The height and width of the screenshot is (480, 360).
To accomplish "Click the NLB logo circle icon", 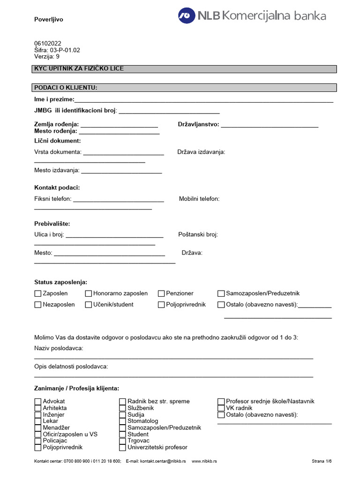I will [x=187, y=15].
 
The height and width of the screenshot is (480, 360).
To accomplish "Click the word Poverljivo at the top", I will [x=48, y=20].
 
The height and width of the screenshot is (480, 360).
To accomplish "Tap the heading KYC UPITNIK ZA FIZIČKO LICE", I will [x=79, y=69].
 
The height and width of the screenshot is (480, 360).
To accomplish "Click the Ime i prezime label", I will [x=54, y=99].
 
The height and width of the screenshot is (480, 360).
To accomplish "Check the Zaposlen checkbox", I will [x=38, y=294].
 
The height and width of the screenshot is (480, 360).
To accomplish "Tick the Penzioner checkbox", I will [x=161, y=294].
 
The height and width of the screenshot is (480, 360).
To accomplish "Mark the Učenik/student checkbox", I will [x=89, y=305].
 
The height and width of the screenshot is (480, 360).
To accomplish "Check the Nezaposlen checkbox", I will [x=38, y=305].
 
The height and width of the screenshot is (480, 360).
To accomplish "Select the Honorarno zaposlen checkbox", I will [x=89, y=294].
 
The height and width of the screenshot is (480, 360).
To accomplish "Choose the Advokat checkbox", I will [x=38, y=402].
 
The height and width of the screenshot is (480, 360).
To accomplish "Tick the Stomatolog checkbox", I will [x=123, y=421].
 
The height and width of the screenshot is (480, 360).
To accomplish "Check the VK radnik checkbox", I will [x=221, y=408].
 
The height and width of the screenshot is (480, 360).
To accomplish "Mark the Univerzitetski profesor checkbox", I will [x=123, y=448].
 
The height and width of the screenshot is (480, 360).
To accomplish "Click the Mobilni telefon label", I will [x=199, y=199].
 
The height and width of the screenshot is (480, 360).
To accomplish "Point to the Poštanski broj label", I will [x=198, y=234].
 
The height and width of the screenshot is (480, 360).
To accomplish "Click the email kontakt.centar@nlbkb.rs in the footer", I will [x=156, y=461].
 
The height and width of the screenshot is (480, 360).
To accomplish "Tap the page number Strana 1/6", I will [x=322, y=461].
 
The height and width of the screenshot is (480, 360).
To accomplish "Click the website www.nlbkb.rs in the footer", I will [x=204, y=461].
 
